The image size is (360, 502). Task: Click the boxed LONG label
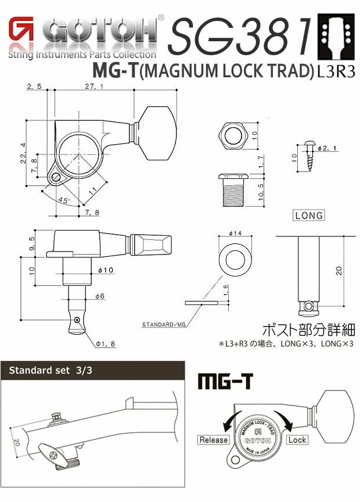pos(308,216)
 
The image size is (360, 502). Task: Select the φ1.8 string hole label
pos(105,344)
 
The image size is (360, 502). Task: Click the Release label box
pos(214,440)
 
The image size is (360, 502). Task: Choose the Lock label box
pos(296,440)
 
